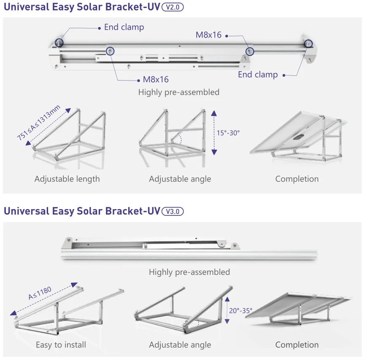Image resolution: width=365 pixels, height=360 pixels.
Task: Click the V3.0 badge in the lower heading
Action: pos(173,211)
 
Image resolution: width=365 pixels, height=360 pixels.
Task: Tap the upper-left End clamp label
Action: pos(124,27)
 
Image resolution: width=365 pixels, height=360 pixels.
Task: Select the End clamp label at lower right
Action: pos(258,75)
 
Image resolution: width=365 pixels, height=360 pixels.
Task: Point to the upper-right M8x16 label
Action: pos(208,35)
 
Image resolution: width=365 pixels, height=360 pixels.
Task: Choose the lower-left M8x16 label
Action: pos(156,79)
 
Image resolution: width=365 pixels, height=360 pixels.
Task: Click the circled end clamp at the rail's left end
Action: pos(59,43)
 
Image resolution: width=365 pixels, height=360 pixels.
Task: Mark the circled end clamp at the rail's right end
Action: pos(308,43)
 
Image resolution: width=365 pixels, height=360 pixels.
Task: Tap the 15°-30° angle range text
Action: pos(228,132)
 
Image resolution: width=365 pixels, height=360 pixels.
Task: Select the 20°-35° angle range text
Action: pos(241,311)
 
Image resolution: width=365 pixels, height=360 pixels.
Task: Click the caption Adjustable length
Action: pos(67,179)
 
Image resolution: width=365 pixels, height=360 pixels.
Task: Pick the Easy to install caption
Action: pos(61,345)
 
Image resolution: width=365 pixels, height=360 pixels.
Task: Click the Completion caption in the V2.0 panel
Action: pos(297,179)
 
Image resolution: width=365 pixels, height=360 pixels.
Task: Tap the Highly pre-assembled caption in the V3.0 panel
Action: pos(189,272)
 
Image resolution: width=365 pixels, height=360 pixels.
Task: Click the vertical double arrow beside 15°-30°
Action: pos(214,132)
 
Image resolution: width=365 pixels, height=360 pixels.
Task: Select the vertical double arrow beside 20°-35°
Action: pos(227,311)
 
